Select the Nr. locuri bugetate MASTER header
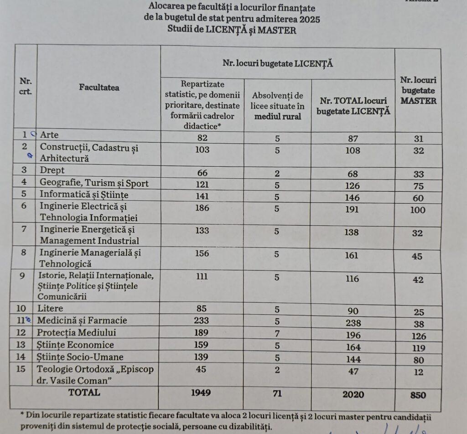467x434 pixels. pos(418,90)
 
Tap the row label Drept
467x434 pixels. pos(52,170)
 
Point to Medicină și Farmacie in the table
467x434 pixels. pos(82,320)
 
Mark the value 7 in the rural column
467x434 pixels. pos(277,333)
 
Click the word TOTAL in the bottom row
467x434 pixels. pos(83,392)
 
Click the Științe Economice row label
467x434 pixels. pos(76,345)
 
